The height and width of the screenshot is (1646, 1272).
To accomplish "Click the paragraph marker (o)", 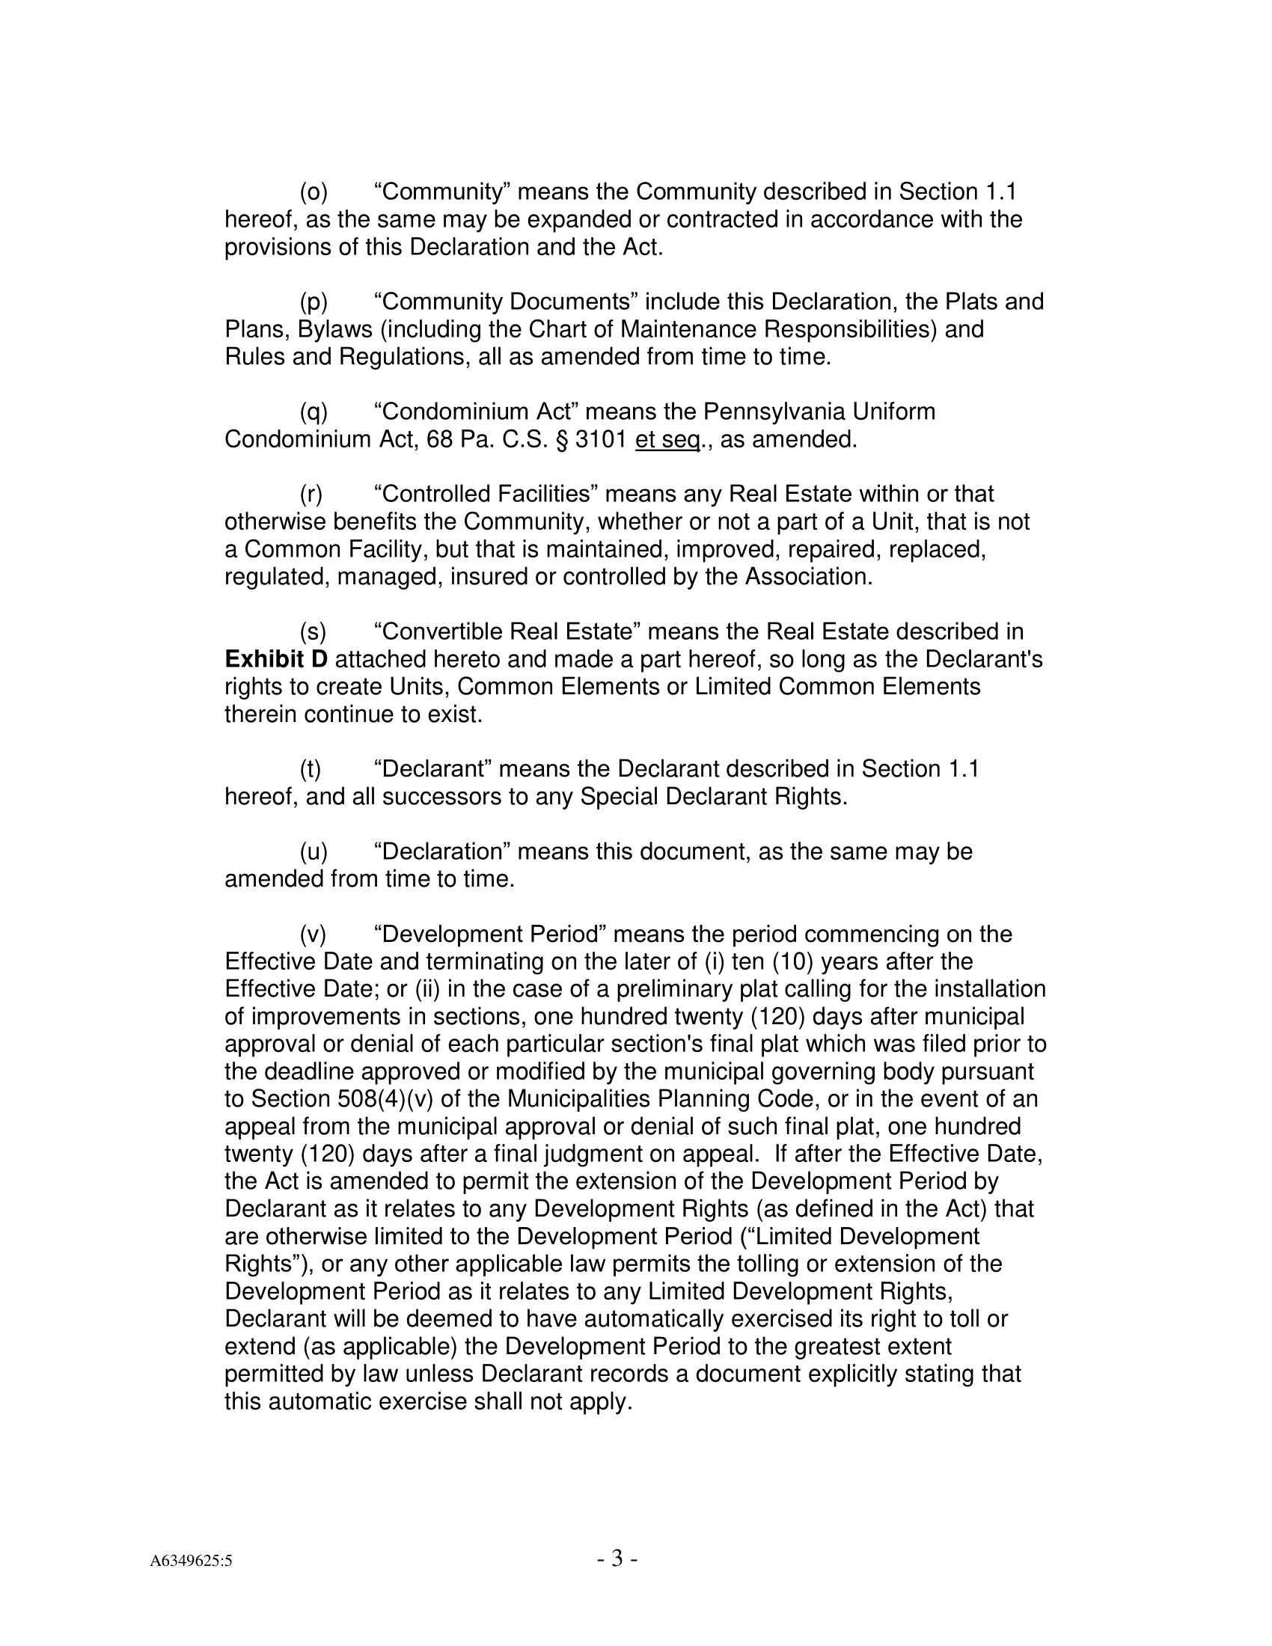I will click(314, 193).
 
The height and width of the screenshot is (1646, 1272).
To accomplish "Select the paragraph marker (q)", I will click(314, 412).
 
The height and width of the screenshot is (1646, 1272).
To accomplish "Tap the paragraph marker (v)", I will click(314, 934).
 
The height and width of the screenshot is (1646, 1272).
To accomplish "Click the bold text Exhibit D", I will click(276, 659).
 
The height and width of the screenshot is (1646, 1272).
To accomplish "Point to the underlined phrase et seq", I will click(667, 439).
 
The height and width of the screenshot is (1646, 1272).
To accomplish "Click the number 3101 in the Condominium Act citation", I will click(601, 439).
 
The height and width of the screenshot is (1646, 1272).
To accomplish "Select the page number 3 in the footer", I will click(617, 1558).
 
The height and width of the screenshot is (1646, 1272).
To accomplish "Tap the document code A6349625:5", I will click(191, 1561).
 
